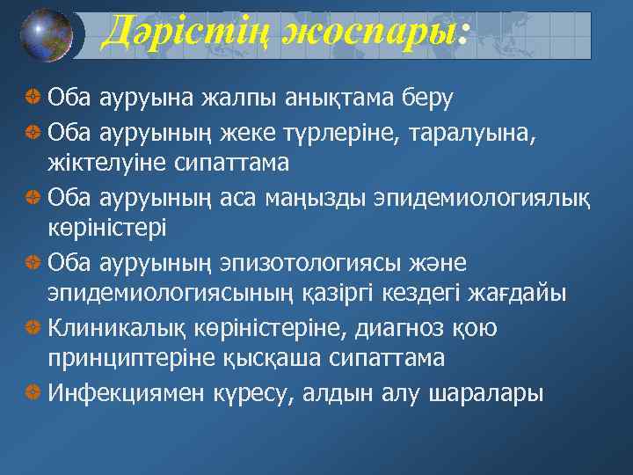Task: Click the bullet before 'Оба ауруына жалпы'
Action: [x=33, y=96]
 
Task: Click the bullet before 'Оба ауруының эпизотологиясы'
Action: [x=33, y=263]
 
